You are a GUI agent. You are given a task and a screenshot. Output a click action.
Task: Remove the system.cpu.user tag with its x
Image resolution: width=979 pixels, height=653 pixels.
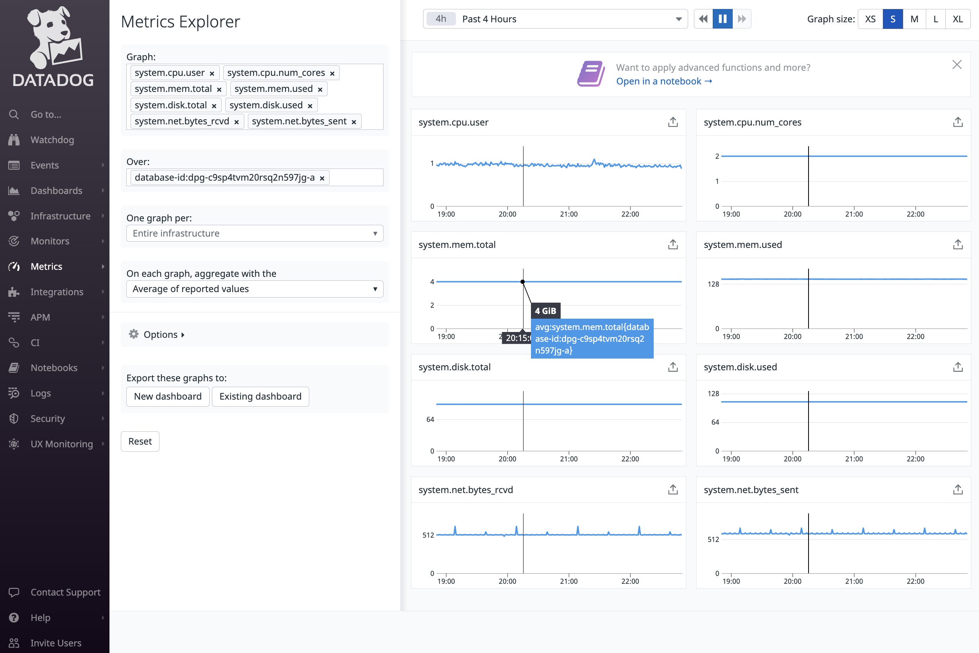coord(212,73)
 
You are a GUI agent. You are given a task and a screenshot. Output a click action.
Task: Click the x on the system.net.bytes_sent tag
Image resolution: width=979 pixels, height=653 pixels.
coord(353,122)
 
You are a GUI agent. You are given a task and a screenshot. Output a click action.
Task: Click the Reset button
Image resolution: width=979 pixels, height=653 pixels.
coord(140,441)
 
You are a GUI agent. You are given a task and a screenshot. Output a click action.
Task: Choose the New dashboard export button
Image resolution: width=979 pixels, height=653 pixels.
coord(167,396)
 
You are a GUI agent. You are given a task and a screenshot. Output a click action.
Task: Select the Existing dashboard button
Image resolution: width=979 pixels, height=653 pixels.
coord(260,396)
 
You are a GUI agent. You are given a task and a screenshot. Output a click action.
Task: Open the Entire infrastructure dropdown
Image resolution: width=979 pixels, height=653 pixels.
coord(255,233)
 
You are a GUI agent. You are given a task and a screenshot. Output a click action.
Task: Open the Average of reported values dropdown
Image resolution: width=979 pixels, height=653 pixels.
coord(255,289)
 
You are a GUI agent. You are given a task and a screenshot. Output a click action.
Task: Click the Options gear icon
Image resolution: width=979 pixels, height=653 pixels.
coord(134,334)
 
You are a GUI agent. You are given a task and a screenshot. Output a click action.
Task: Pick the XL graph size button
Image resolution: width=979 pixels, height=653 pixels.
coord(957,19)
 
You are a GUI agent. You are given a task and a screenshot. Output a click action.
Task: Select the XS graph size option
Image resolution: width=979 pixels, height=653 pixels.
coord(870,19)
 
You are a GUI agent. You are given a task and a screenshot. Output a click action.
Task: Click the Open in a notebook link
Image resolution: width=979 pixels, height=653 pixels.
coord(664,81)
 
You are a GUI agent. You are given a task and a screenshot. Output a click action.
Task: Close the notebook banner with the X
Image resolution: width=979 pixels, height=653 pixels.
coord(956,65)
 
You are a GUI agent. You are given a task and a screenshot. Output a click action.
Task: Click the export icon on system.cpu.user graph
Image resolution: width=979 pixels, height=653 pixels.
coord(672,122)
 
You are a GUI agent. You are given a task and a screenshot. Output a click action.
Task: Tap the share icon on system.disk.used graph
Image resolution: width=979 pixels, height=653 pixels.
coord(957,367)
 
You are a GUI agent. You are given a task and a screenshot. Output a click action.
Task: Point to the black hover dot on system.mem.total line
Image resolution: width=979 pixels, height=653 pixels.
coord(523,282)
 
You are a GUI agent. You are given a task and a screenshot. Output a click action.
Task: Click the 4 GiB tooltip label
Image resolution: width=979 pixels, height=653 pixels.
coord(545,311)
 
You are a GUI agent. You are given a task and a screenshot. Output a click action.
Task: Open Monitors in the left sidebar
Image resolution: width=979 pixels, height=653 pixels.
coord(50,241)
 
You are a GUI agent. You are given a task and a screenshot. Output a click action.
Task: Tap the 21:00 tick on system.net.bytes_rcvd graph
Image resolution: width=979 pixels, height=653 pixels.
coord(568,581)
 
